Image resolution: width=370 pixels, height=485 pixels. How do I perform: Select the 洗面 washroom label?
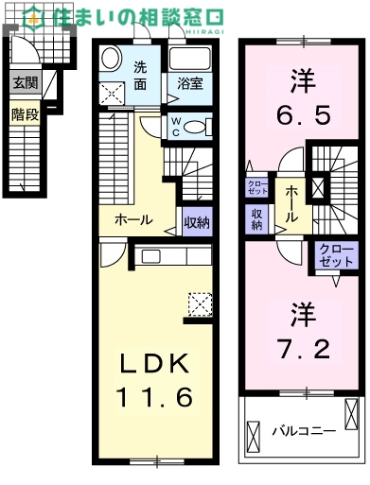(x=139, y=75)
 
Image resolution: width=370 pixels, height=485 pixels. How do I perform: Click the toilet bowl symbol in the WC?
(x=196, y=127)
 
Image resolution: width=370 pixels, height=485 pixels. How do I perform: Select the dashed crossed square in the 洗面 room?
(x=113, y=92)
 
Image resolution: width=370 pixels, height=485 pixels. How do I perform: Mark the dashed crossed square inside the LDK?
(x=200, y=305)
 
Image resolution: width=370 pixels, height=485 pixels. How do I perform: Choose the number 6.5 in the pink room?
(x=303, y=116)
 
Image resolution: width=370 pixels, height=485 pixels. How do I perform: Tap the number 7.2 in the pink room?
(x=303, y=350)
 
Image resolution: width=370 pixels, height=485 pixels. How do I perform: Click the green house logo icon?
(x=34, y=16)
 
